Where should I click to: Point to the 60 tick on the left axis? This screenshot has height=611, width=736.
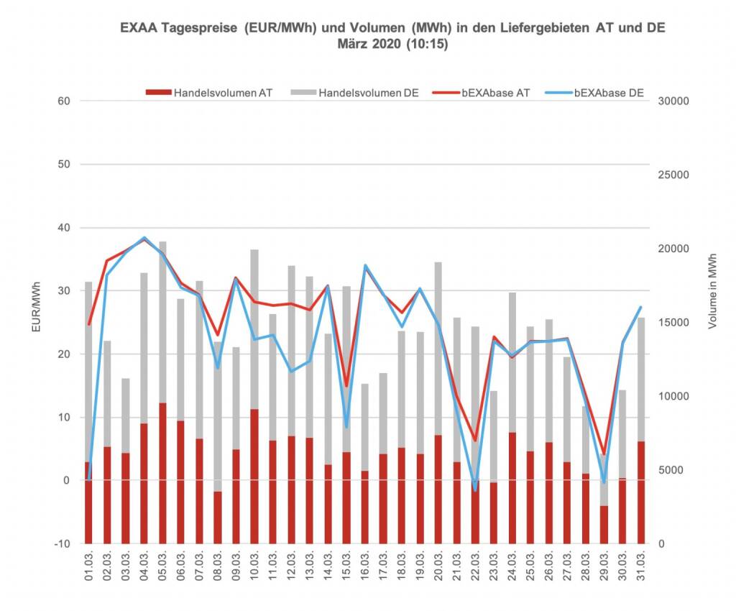[x=64, y=101]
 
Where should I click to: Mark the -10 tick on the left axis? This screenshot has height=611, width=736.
[x=62, y=544]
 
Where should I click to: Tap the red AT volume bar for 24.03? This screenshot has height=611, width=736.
[x=513, y=489]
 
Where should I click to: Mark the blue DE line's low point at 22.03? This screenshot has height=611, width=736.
[x=475, y=490]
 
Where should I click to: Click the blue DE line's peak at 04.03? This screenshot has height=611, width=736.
[x=144, y=238]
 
